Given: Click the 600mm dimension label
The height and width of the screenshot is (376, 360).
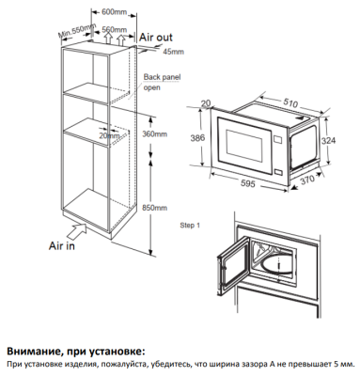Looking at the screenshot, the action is (114, 12).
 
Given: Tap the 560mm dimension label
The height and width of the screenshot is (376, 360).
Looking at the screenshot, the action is (115, 29).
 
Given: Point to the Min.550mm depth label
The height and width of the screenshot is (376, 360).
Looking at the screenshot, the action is (76, 30).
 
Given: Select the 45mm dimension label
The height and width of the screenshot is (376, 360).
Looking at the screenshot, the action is (173, 52).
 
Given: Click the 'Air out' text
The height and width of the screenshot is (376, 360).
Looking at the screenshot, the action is (156, 38).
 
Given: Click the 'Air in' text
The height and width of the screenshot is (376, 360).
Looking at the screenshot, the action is (62, 246).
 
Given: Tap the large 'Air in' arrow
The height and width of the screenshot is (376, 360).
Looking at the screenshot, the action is (75, 231).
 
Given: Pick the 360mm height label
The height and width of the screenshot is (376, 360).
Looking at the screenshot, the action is (154, 134).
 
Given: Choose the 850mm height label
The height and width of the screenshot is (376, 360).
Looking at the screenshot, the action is (154, 208).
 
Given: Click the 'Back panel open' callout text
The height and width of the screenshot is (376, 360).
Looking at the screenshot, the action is (162, 82).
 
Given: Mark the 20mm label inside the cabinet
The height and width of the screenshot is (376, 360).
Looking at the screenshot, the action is (109, 135).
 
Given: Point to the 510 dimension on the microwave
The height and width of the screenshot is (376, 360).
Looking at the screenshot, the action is (290, 103).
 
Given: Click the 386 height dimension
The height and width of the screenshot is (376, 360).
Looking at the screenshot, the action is (197, 137).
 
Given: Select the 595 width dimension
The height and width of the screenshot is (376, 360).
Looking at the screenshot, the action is (248, 183).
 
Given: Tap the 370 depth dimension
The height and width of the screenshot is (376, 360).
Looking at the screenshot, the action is (306, 180).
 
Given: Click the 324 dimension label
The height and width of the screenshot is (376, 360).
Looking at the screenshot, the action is (328, 140).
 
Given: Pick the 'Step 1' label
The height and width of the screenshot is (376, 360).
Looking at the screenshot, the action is (190, 226).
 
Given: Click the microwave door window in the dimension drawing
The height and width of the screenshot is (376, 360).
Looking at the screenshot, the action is (244, 143).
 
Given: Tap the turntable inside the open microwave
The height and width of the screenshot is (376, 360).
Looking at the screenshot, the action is (275, 267).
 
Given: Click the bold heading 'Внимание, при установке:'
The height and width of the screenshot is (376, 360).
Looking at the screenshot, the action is (76, 352).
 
